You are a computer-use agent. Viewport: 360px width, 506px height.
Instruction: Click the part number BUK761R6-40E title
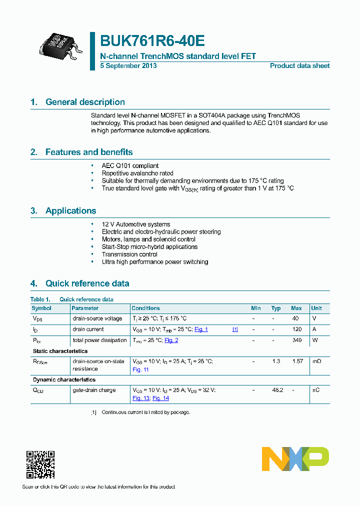tap(152, 41)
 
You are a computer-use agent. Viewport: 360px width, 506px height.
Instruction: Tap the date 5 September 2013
tap(128, 66)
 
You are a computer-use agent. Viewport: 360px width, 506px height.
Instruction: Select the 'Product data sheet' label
tap(299, 66)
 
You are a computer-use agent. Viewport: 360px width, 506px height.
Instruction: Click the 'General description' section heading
tap(85, 102)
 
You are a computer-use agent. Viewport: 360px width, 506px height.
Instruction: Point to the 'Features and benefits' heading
tap(88, 152)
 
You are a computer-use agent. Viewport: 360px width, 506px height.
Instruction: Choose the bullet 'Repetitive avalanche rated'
tap(137, 173)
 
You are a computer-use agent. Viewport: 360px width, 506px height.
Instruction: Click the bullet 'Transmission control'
tap(130, 254)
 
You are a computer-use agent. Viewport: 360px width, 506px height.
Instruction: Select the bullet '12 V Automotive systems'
tap(135, 224)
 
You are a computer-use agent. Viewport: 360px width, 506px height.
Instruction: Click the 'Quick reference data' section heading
tap(87, 283)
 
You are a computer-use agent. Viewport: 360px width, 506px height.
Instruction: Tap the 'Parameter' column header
tap(85, 308)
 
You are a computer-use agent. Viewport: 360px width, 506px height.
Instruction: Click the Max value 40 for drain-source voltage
tap(295, 318)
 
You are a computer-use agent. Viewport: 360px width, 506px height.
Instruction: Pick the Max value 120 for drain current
tap(296, 329)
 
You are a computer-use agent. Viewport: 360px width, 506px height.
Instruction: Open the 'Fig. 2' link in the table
tap(171, 340)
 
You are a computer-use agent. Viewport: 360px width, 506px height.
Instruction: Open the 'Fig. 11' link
tap(140, 369)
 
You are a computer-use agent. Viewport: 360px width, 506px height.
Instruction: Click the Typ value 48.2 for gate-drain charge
tap(276, 390)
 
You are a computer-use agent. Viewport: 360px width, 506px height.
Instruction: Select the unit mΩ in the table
tap(316, 361)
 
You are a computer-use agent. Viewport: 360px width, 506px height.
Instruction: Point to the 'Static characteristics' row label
tap(60, 351)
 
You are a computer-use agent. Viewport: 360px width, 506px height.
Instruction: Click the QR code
tap(40, 464)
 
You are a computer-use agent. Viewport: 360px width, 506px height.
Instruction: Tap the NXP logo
tap(295, 459)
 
